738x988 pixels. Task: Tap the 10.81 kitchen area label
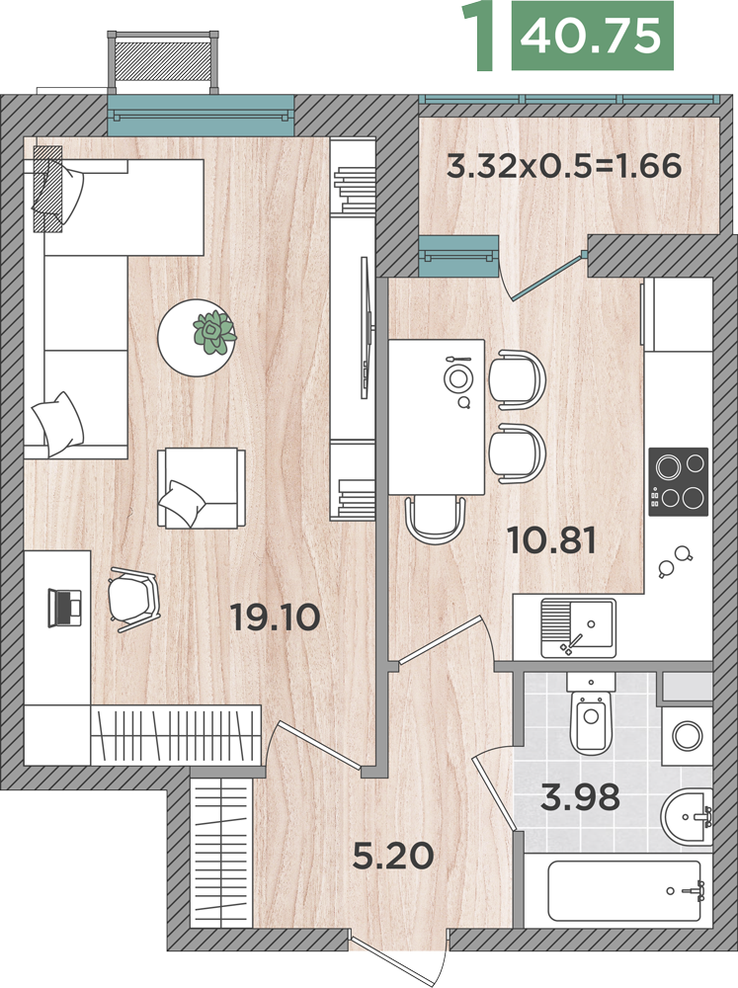(x=551, y=540)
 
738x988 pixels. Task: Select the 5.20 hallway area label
(x=393, y=856)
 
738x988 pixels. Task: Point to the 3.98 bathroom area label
(x=580, y=797)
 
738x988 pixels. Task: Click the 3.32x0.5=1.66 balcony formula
(x=564, y=166)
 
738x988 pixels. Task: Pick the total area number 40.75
(x=591, y=36)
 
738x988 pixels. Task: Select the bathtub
(x=624, y=891)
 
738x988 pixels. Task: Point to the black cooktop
(x=678, y=482)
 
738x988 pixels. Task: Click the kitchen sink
(x=578, y=628)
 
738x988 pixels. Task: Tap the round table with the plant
(x=197, y=338)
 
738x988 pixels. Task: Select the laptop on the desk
(x=65, y=608)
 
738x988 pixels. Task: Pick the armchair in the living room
(x=201, y=488)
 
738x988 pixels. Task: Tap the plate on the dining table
(x=456, y=378)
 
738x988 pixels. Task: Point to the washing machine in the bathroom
(x=687, y=735)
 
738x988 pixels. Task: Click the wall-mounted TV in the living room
(x=365, y=328)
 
